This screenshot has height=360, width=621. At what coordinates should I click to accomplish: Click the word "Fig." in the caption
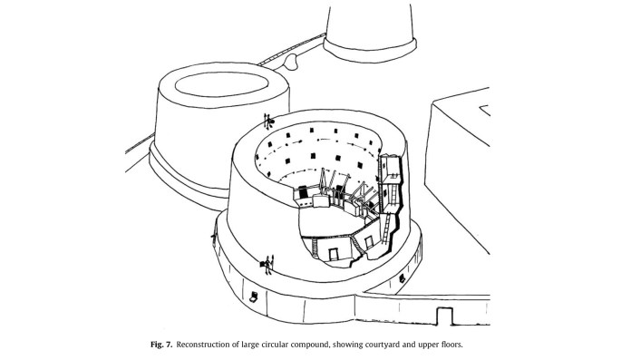click(x=156, y=345)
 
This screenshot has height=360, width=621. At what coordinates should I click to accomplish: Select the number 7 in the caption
click(x=169, y=345)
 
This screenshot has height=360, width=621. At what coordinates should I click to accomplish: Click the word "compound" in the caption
click(x=310, y=345)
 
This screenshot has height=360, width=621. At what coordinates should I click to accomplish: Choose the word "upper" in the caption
click(x=427, y=345)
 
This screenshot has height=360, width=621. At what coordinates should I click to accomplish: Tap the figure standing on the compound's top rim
click(x=268, y=122)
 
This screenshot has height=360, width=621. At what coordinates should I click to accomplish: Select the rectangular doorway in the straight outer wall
click(x=444, y=316)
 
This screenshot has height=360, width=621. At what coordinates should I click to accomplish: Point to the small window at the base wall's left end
click(x=254, y=296)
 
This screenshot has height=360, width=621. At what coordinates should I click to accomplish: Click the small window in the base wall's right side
click(x=402, y=278)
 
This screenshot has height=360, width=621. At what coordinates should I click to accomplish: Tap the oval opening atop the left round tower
click(x=222, y=84)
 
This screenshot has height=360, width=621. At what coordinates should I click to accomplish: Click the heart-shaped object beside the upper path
click(x=291, y=62)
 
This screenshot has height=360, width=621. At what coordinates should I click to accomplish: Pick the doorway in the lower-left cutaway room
click(x=333, y=254)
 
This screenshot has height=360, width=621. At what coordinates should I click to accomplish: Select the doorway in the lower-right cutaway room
click(x=369, y=241)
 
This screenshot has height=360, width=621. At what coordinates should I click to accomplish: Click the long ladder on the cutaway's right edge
click(x=386, y=228)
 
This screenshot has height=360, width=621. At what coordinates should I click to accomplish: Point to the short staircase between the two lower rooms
click(x=357, y=245)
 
